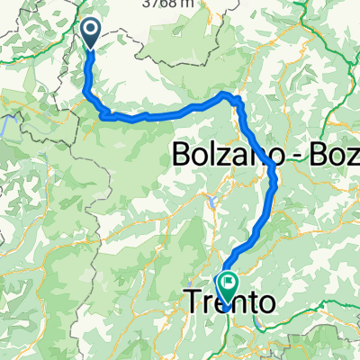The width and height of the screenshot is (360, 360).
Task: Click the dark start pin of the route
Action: [x=93, y=34]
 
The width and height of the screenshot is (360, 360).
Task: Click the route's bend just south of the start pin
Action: [x=87, y=90]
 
